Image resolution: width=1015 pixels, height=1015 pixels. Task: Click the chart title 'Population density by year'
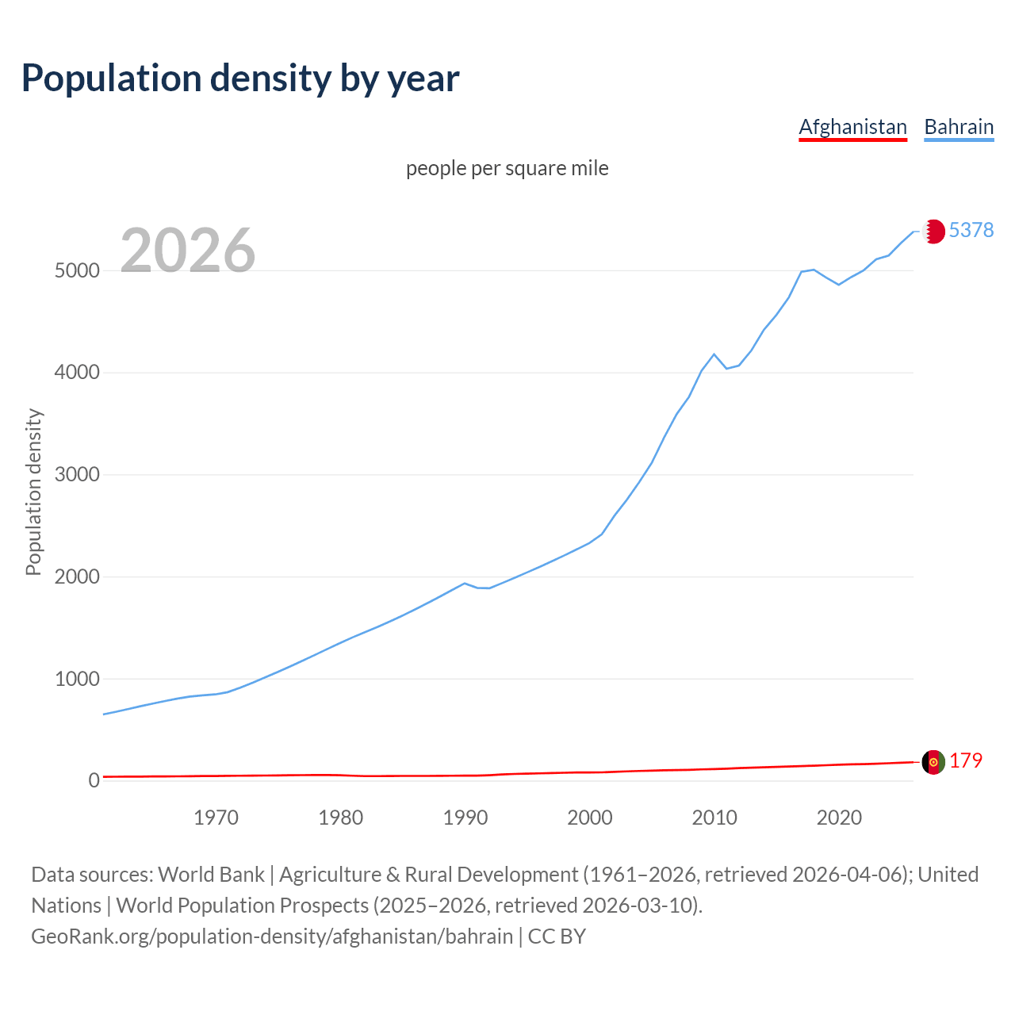tap(240, 79)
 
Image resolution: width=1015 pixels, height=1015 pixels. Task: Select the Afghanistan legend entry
tap(852, 127)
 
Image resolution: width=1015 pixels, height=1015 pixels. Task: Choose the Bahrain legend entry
tap(959, 127)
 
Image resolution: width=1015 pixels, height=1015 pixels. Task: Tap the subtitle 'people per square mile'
tap(507, 169)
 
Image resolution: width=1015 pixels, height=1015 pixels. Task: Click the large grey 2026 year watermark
tap(188, 251)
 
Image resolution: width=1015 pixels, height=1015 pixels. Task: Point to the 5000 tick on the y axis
tap(77, 270)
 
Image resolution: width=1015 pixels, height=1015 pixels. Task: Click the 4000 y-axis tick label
tap(77, 373)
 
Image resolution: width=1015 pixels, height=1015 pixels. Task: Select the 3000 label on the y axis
tap(77, 475)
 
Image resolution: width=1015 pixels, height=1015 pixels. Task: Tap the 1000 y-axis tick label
tap(77, 679)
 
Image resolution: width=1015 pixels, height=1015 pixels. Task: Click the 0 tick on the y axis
tap(94, 781)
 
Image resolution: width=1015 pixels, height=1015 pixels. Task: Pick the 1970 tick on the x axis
tap(216, 818)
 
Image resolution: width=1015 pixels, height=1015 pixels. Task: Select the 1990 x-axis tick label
tap(465, 818)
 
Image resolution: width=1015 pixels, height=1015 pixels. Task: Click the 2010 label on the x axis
tap(714, 818)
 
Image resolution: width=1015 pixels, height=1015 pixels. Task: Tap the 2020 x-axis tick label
tap(839, 818)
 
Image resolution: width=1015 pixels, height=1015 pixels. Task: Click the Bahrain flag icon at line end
tap(933, 231)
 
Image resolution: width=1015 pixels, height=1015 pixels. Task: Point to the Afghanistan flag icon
tap(933, 761)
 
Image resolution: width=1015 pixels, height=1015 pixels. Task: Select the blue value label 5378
tap(971, 230)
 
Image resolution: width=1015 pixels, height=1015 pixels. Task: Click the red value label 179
tap(966, 761)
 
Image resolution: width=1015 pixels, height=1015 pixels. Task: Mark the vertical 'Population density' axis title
tap(33, 492)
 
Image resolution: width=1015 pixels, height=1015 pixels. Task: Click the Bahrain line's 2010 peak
tap(714, 354)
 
